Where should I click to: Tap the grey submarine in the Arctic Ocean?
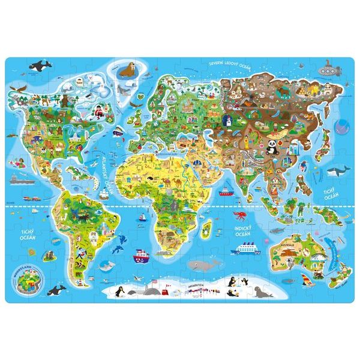coord(328,68)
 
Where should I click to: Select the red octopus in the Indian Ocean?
coord(236,214)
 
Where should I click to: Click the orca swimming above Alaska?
coord(42,64)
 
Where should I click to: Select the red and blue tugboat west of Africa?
coord(140,254)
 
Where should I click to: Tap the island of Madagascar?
coord(207,227)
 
